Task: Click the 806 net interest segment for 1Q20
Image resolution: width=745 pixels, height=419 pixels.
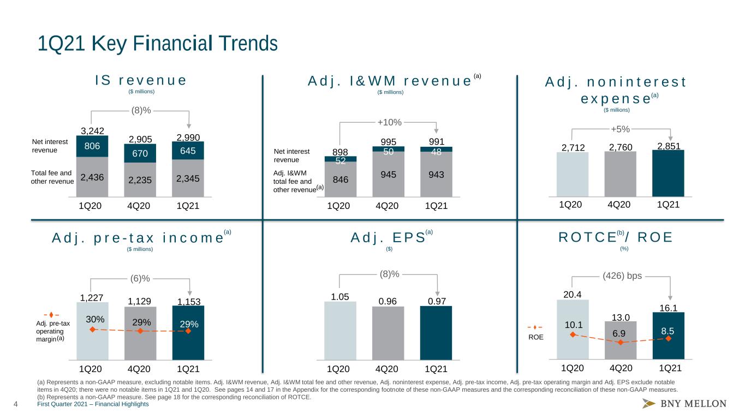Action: coord(92,146)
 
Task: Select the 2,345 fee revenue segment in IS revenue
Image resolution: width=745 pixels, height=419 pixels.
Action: coord(188,178)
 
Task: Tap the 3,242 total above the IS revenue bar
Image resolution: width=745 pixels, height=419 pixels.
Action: coord(92,131)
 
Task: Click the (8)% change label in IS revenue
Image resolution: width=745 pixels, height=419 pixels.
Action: coord(141,110)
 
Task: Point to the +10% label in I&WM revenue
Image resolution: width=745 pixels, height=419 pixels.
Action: coord(390,122)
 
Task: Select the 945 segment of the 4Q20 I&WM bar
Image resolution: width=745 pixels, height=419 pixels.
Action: coord(389,174)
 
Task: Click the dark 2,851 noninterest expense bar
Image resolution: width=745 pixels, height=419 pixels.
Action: coord(668,173)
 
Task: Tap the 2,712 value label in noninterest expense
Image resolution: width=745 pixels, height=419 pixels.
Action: coord(573,147)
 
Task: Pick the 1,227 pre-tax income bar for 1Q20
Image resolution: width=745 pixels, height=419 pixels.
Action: coord(92,331)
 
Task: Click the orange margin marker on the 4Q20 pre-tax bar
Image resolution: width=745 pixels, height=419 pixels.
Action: coord(140,331)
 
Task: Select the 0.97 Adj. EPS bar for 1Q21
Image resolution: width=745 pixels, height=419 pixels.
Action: coord(436,333)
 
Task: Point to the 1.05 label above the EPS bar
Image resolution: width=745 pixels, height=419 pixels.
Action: coord(340,297)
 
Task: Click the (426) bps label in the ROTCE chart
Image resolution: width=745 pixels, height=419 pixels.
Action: coord(622,276)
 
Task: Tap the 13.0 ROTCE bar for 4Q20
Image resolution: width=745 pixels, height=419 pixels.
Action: coord(621,340)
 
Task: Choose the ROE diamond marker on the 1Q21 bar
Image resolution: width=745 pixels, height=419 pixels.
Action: coord(669,338)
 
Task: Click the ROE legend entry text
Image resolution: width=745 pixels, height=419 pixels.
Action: coord(536,337)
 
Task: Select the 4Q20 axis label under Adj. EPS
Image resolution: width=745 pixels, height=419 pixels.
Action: coord(387,369)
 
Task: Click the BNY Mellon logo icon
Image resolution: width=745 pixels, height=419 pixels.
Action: coord(648,403)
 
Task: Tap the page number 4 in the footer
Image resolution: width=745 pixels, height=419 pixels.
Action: coord(15,404)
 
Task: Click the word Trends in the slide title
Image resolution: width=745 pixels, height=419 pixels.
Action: coord(248,44)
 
